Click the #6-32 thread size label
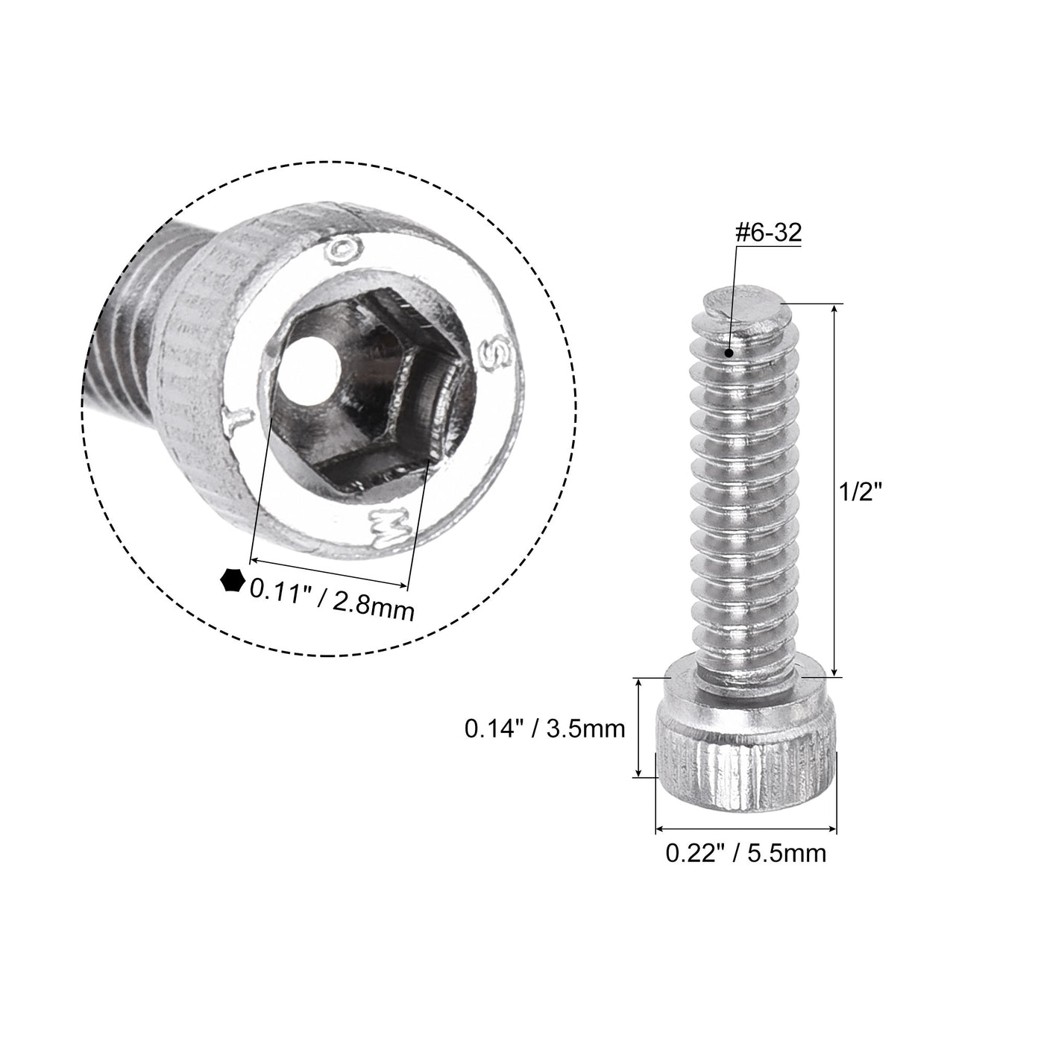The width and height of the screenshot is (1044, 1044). (767, 233)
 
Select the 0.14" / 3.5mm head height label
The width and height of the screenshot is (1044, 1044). (544, 728)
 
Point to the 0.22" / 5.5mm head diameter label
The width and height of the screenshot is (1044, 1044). (746, 852)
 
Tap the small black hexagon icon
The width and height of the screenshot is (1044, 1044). (232, 579)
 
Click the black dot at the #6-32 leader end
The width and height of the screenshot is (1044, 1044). (729, 353)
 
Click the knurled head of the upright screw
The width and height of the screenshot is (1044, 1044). (746, 761)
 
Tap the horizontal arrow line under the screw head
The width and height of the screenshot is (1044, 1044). (746, 828)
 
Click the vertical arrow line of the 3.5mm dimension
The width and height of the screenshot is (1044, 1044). (638, 728)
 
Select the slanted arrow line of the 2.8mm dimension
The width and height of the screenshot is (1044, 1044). (330, 572)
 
